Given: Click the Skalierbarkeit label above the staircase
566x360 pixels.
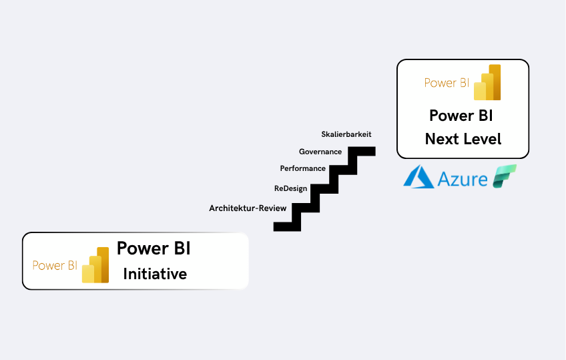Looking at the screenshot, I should (x=346, y=134).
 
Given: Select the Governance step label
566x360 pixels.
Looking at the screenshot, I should (x=320, y=152).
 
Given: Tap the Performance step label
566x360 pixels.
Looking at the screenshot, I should (x=303, y=168).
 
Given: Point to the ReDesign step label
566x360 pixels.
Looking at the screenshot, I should (x=290, y=188).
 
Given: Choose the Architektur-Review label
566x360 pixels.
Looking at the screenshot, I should (x=248, y=208).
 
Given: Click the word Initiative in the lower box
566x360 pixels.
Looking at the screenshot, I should (x=155, y=274).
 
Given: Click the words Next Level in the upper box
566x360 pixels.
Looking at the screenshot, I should (x=463, y=139).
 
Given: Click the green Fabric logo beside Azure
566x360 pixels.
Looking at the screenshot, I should (x=505, y=176).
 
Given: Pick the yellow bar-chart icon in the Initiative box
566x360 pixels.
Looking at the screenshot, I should (x=95, y=265).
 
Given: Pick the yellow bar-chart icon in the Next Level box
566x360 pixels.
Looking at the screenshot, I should (x=487, y=83).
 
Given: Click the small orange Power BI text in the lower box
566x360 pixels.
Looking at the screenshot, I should (x=55, y=265).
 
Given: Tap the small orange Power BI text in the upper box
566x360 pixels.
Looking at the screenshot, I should (x=447, y=83).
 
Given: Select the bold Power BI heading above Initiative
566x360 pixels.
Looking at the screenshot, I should (x=154, y=248).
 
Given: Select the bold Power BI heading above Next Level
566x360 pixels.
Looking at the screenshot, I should (x=461, y=115).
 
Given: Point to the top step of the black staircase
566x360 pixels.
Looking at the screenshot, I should (x=366, y=151).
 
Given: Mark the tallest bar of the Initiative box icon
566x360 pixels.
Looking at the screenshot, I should (x=103, y=264).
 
